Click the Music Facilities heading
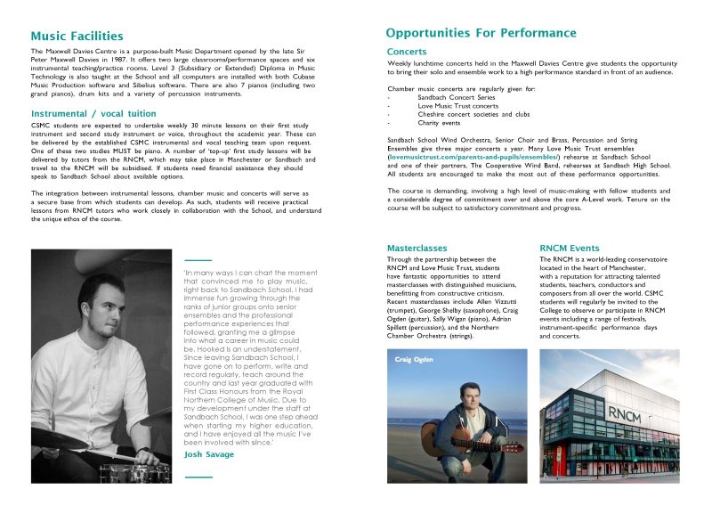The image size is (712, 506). tap(77, 37)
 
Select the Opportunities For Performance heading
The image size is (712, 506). tap(481, 33)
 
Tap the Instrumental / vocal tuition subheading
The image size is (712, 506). tap(93, 114)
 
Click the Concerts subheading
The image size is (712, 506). tap(407, 52)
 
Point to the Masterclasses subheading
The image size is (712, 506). tap(417, 247)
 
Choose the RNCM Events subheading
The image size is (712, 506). tap(570, 247)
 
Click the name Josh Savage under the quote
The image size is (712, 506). tap(209, 454)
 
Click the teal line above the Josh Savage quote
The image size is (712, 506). tap(198, 259)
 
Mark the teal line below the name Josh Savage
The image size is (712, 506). tap(198, 477)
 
